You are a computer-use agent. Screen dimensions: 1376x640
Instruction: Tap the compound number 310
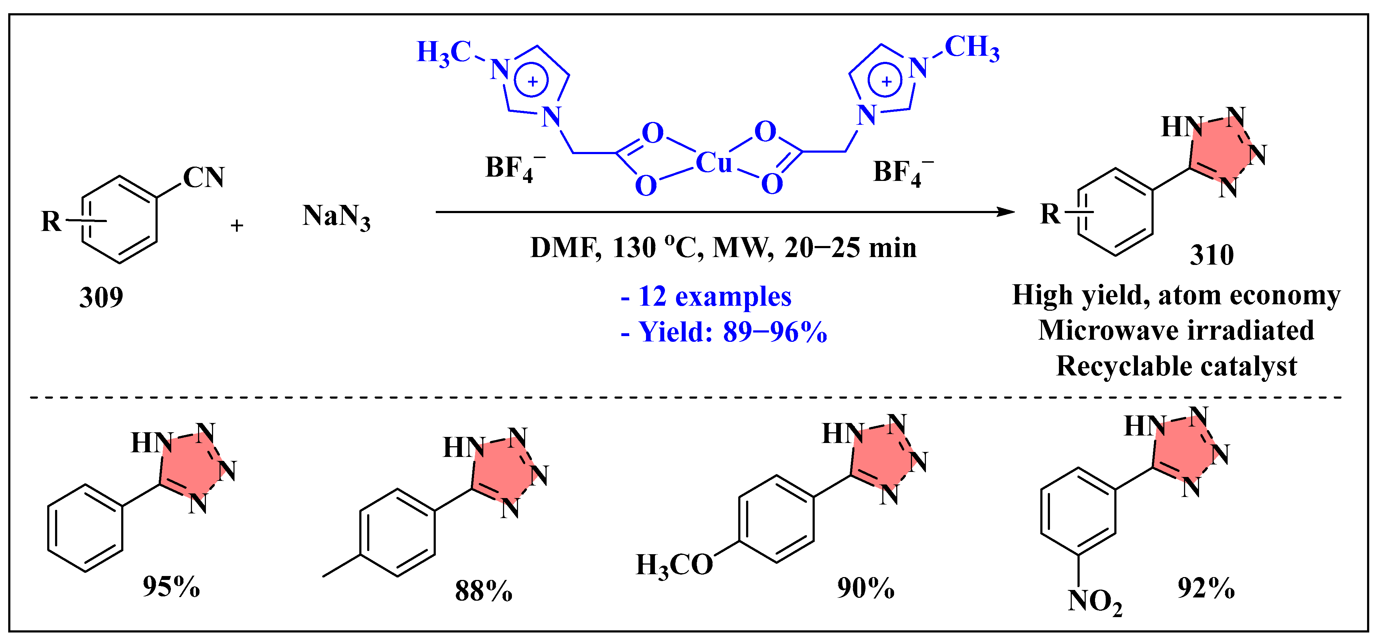pos(1212,255)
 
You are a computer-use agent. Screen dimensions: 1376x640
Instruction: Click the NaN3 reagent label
pos(336,217)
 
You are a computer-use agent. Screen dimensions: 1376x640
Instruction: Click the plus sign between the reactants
pos(237,226)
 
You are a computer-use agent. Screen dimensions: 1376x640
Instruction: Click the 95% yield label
pos(171,587)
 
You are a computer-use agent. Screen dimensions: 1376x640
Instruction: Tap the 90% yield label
pos(865,588)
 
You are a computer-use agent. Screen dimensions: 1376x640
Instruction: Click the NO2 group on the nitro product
pos(1095,601)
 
